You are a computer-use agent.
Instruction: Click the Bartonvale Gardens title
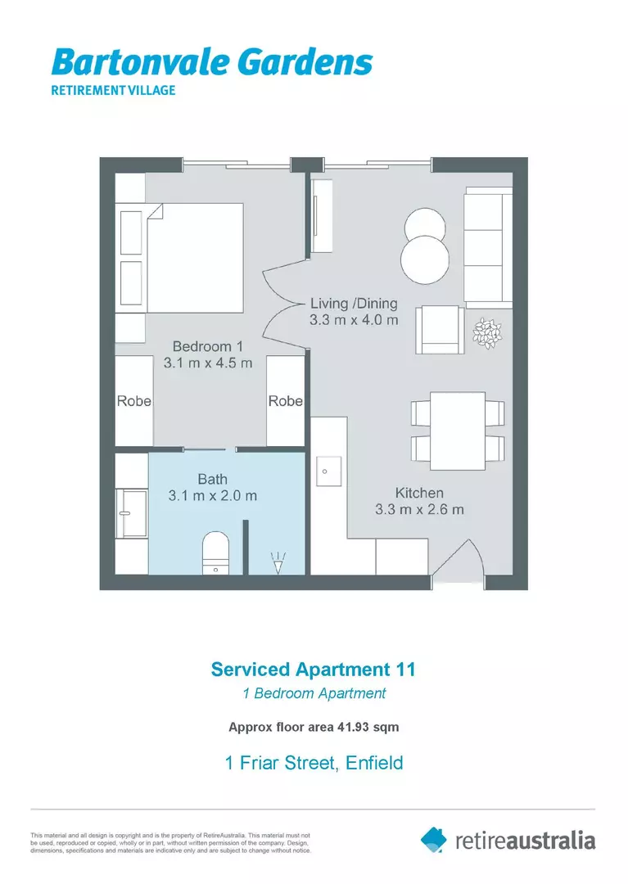coord(212,62)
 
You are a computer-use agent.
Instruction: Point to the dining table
coord(458,431)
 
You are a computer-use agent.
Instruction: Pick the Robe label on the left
coord(133,401)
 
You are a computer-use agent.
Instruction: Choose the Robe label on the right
coord(286,401)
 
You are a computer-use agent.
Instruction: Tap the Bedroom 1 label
coord(208,347)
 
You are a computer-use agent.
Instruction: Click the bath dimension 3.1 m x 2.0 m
coord(213,495)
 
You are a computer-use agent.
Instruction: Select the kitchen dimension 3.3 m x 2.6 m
coord(419,509)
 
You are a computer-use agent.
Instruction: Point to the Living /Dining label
coord(354,304)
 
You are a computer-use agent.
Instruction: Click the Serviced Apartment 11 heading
coord(314,669)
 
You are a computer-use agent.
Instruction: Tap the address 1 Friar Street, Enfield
coord(314,764)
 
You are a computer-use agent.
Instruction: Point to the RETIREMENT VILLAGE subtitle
coord(113,90)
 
